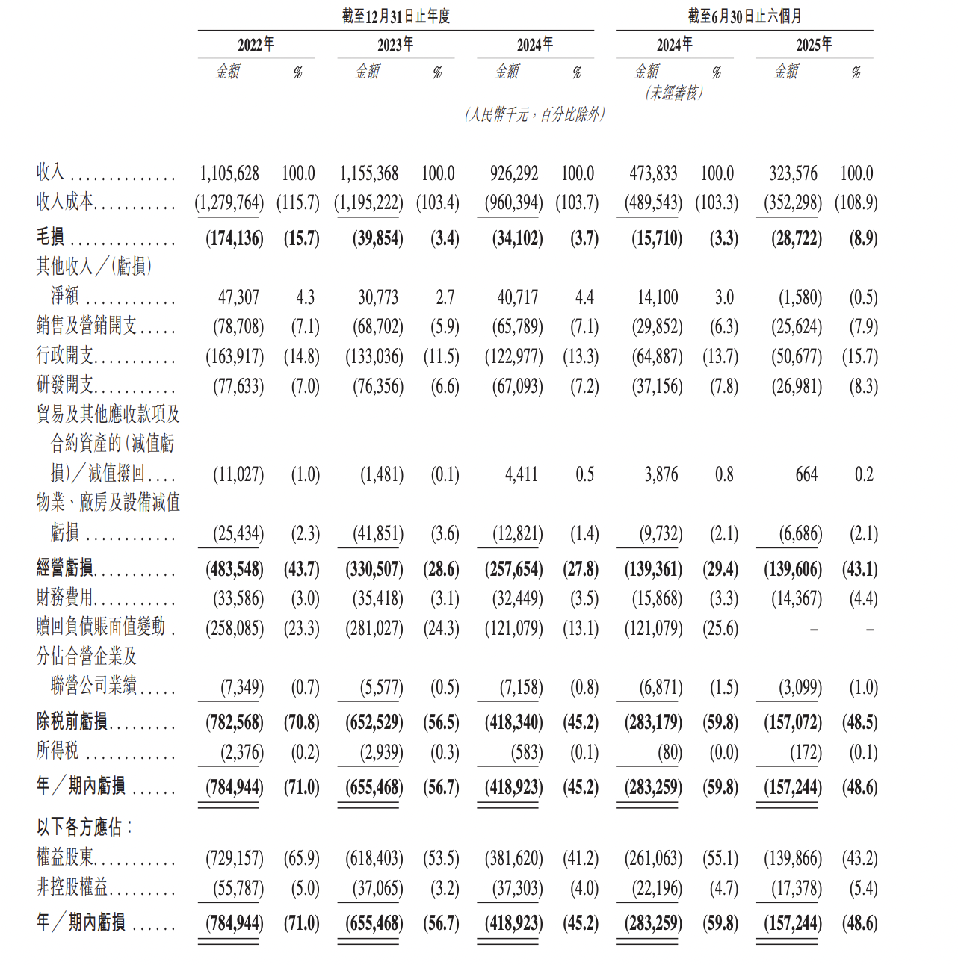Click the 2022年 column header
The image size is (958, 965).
(x=256, y=45)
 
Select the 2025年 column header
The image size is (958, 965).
(x=814, y=45)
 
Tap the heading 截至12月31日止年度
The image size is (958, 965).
(x=395, y=16)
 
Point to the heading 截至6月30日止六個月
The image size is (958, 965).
(x=744, y=16)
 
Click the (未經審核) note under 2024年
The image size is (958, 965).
(x=674, y=93)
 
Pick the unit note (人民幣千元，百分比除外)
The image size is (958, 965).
(x=534, y=114)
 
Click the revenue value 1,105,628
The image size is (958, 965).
(x=229, y=174)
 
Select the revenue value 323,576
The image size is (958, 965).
(x=793, y=174)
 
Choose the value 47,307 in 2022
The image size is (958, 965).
(x=238, y=297)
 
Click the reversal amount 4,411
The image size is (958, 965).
(x=521, y=475)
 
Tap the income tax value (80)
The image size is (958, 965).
(x=670, y=752)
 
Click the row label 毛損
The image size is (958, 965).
(x=51, y=238)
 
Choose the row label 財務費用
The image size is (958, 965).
(x=65, y=598)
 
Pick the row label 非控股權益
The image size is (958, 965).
(x=72, y=887)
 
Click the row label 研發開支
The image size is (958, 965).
(x=65, y=385)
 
